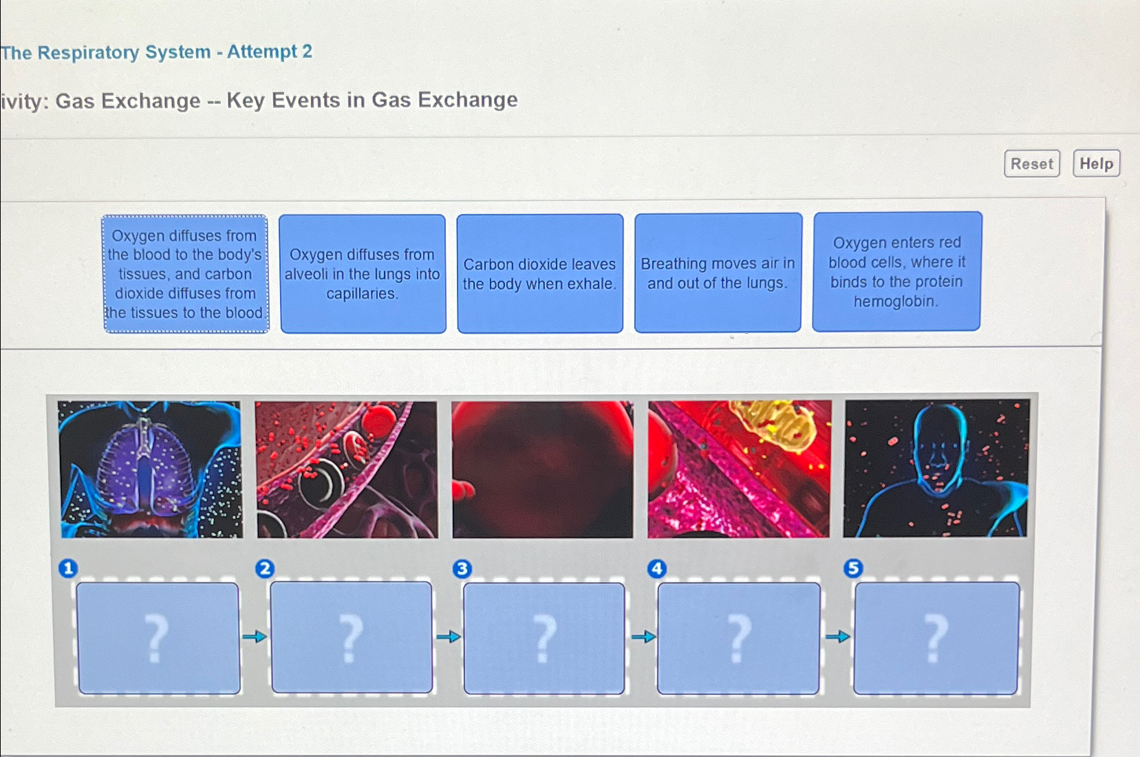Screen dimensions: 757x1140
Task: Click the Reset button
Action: coord(1031,164)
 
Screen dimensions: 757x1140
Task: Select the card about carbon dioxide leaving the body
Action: coord(540,273)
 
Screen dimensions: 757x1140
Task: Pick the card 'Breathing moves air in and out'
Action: coord(718,273)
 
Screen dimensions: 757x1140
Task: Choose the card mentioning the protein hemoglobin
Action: coord(896,272)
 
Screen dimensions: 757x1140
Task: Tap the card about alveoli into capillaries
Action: coord(363,274)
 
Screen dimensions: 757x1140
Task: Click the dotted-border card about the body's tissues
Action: coord(185,274)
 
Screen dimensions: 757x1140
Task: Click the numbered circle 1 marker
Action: coord(68,568)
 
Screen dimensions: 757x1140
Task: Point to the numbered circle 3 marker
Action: coord(462,569)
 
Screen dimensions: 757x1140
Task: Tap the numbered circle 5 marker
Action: coord(853,568)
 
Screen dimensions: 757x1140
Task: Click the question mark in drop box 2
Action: coord(351,639)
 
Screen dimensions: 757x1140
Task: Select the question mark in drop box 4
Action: coord(739,639)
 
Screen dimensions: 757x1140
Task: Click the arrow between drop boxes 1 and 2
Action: coord(255,637)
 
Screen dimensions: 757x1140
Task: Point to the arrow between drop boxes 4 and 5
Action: coord(837,637)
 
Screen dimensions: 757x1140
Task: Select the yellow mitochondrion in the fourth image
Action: coord(774,424)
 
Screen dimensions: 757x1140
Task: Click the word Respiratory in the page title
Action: coord(124,52)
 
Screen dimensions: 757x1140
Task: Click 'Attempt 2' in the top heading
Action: coord(270,52)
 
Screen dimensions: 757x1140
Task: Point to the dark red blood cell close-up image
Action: coord(543,469)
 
